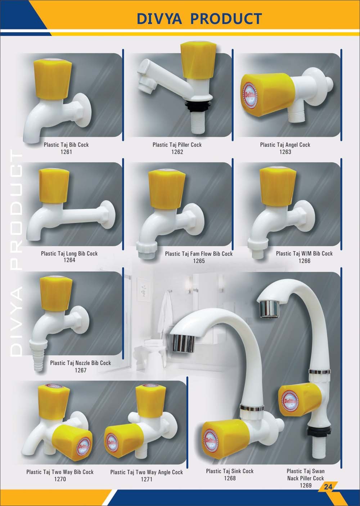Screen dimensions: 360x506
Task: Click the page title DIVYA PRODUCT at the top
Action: pos(199,18)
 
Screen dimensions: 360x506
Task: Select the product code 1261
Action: pos(66,152)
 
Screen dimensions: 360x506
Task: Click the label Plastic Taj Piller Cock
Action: pos(177,145)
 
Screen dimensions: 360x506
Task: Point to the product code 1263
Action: pos(285,152)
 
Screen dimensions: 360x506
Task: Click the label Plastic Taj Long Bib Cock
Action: pos(69,253)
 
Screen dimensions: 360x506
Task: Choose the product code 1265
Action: pos(199,261)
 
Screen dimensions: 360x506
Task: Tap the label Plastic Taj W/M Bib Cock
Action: pos(304,253)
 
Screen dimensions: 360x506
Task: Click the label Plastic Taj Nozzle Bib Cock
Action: pos(80,363)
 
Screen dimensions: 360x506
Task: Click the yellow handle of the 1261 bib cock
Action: pos(53,79)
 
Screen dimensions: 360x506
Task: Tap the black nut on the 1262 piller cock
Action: pos(198,105)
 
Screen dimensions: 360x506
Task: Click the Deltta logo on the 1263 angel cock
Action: pos(250,96)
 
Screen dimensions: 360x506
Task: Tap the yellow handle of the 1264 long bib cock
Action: pos(54,186)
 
